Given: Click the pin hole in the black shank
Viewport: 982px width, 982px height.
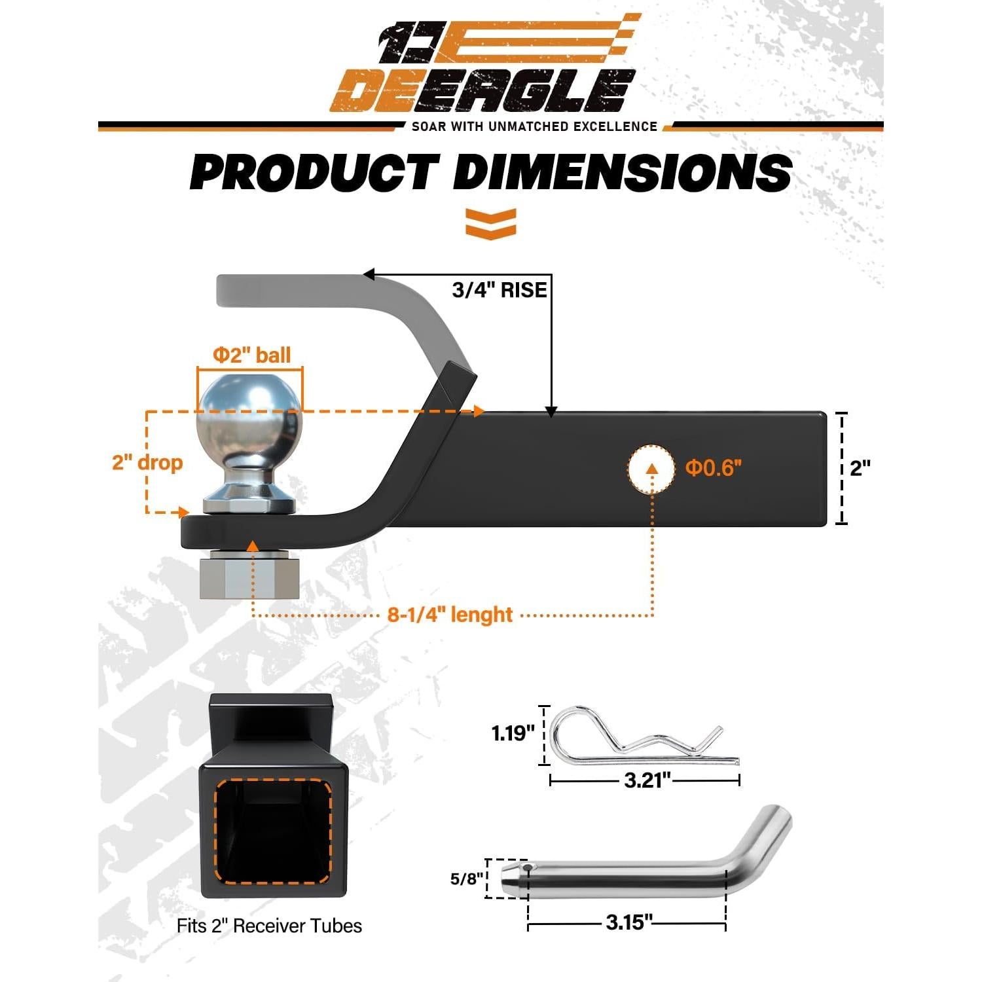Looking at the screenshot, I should (651, 468).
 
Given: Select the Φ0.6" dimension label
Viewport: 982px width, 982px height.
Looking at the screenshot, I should (713, 468).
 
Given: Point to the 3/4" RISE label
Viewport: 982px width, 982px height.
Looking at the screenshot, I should (499, 289).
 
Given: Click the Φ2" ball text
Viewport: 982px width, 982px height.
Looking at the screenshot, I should (251, 355).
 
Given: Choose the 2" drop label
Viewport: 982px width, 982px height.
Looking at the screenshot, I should (147, 462).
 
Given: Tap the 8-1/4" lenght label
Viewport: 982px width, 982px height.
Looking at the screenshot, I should (450, 615).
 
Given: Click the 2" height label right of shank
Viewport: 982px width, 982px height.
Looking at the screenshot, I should (860, 468).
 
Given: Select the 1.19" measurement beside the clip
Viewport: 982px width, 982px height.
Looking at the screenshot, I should (513, 733).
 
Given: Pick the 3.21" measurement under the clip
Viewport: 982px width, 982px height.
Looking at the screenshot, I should (647, 780).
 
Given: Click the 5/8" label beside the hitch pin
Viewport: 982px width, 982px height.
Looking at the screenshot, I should (467, 879).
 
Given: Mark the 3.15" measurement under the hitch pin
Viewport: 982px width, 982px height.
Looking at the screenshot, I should (628, 922).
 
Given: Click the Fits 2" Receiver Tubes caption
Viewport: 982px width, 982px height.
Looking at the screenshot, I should (269, 926).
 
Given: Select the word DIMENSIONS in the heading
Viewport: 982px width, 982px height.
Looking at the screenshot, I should (622, 173).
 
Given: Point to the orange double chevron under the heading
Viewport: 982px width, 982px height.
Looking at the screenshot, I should (491, 223).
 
